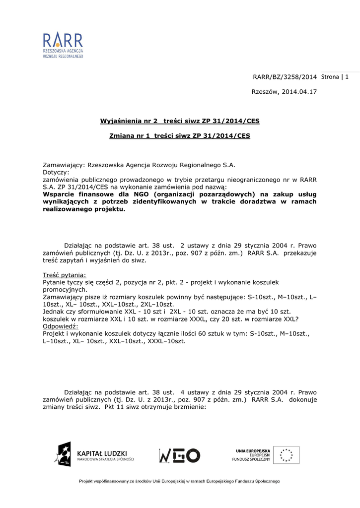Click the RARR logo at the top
[63, 45]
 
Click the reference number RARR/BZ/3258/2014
[285, 77]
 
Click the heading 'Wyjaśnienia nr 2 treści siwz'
[180, 121]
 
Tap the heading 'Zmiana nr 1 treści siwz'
[180, 135]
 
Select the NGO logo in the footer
[179, 455]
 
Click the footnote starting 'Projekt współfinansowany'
[180, 481]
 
